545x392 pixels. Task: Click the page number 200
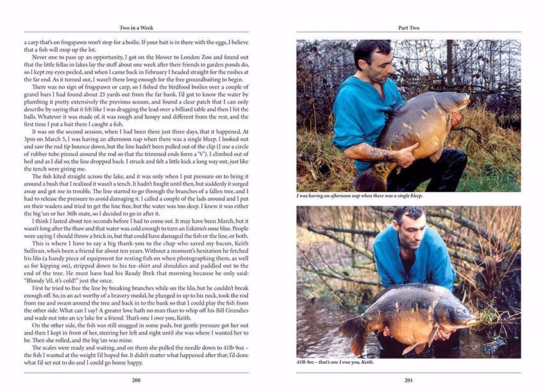tap(136, 380)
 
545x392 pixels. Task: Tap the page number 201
tap(408, 380)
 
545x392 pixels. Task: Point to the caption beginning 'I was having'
tap(359, 195)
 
